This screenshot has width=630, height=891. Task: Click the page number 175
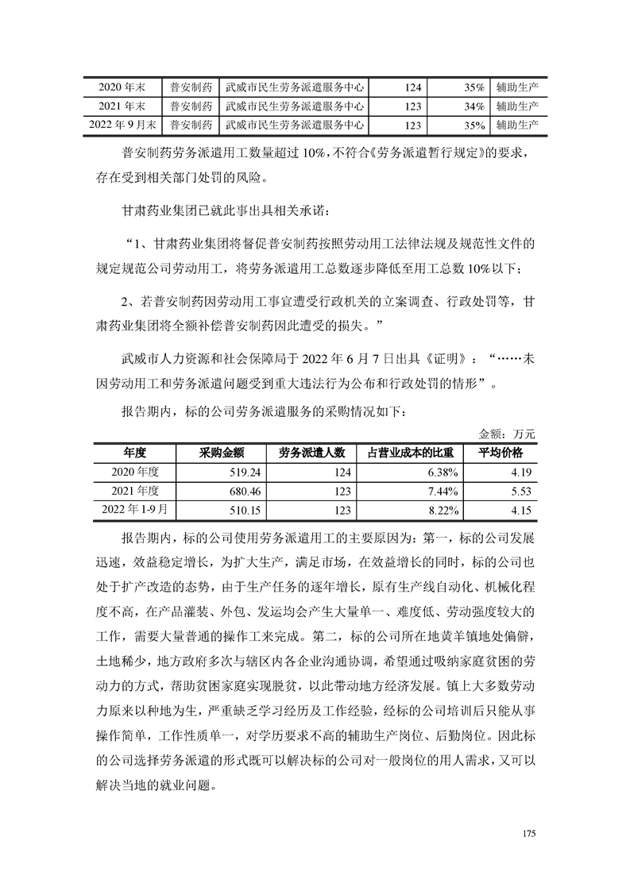[x=531, y=834]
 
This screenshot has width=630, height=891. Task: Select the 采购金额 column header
[x=220, y=453]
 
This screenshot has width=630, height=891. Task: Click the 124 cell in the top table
[x=412, y=87]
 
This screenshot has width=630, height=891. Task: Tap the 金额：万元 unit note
[x=508, y=434]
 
